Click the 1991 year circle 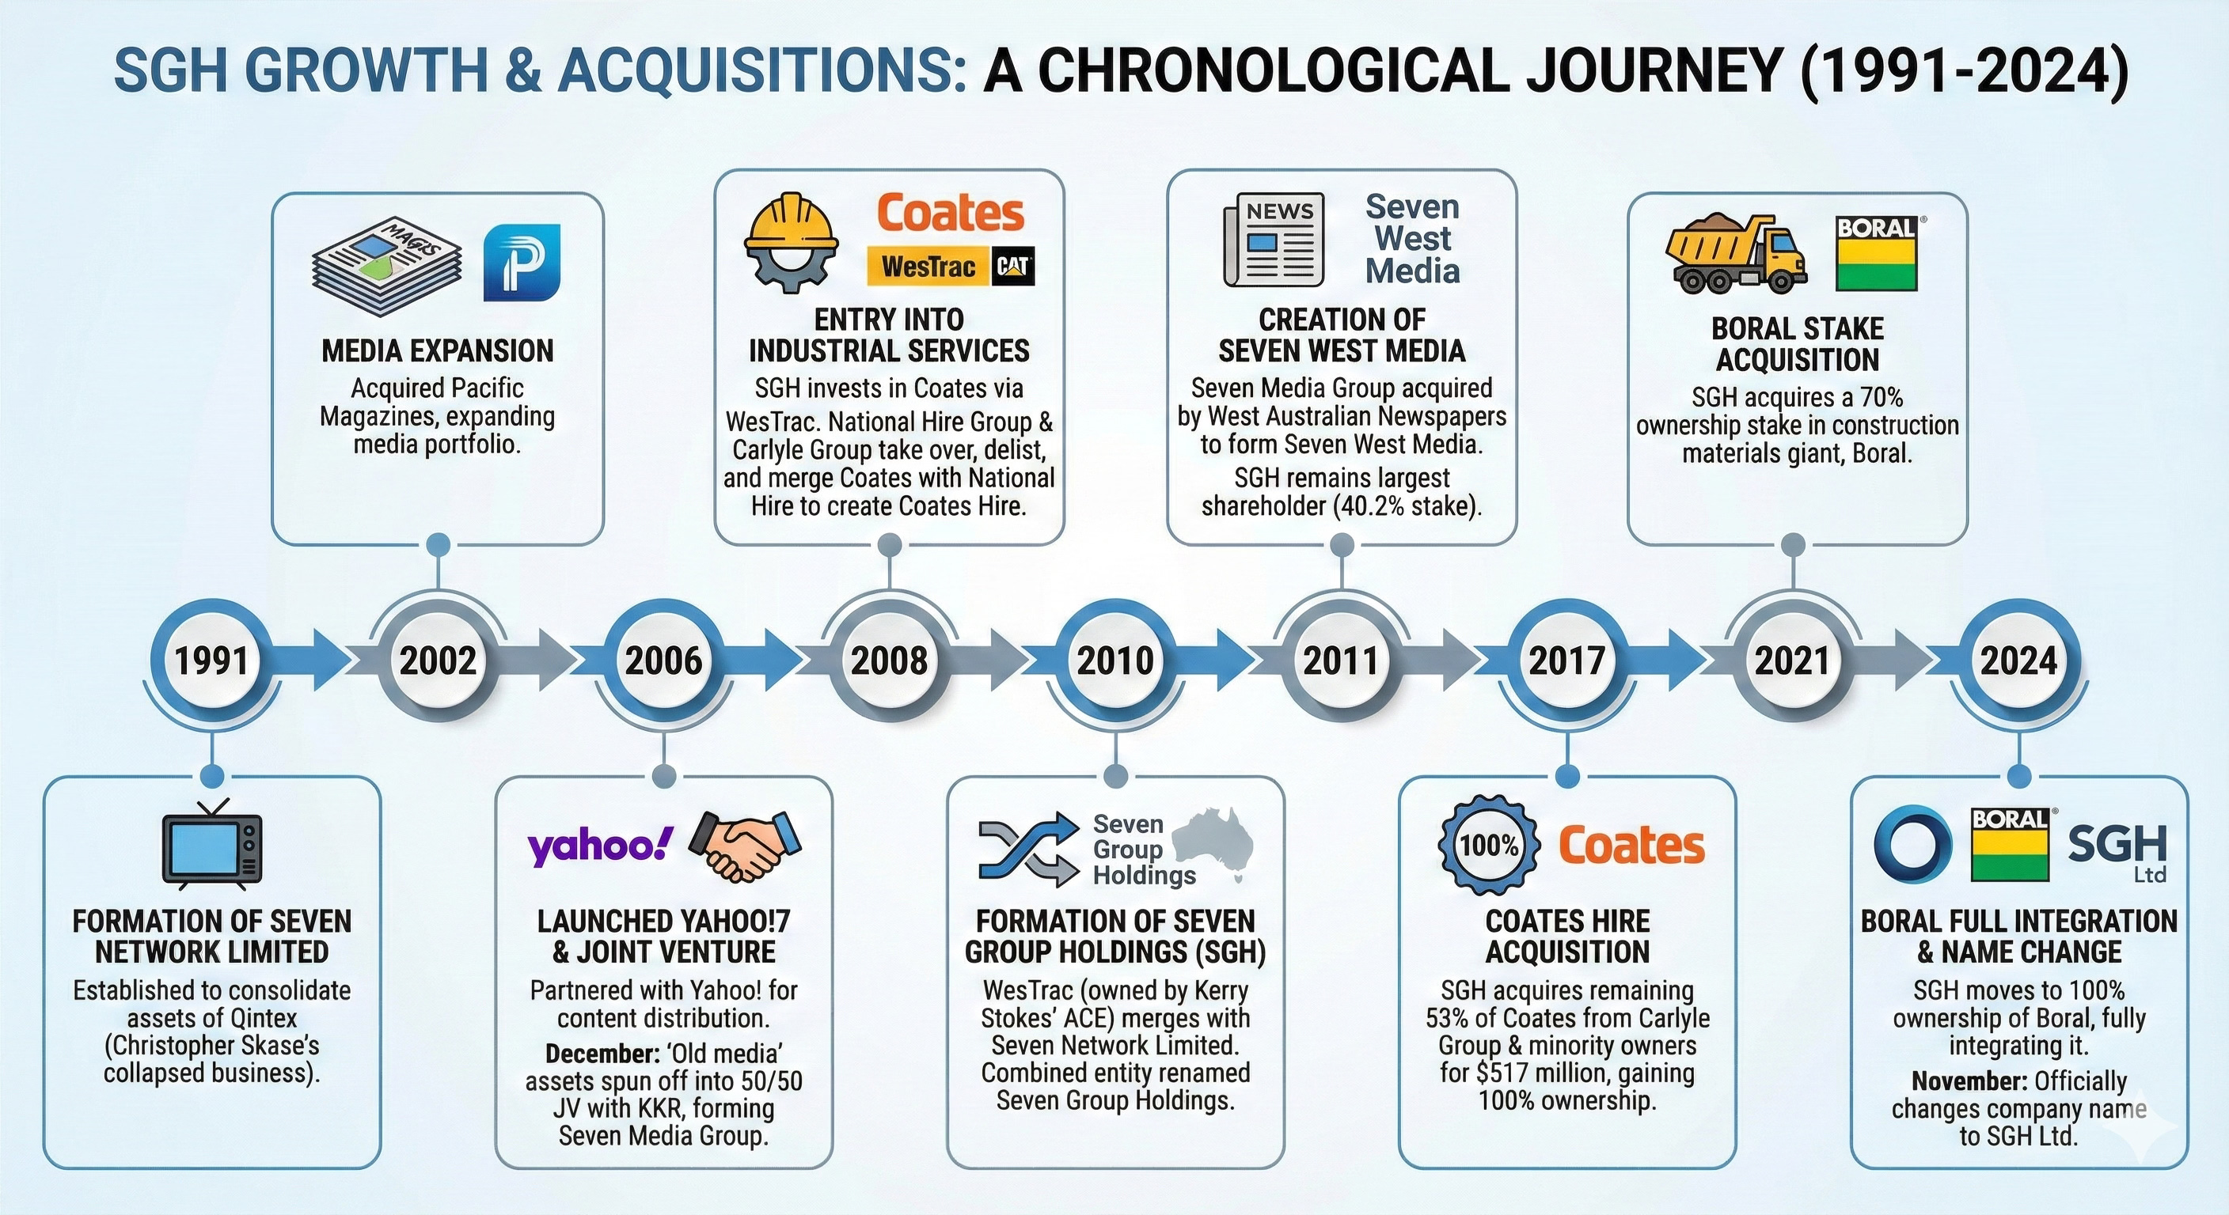[211, 661]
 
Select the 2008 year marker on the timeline [889, 661]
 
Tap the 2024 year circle [2018, 661]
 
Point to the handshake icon [746, 845]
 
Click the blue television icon [212, 846]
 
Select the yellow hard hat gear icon [791, 242]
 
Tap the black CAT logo [1012, 267]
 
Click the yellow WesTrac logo [928, 267]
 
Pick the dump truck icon [1736, 256]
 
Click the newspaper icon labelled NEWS [1274, 240]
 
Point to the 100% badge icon [1489, 845]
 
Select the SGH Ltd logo [2117, 850]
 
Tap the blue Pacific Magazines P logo [522, 263]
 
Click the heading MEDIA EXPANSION [438, 351]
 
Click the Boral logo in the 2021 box [1877, 252]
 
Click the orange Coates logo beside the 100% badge [1631, 845]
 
